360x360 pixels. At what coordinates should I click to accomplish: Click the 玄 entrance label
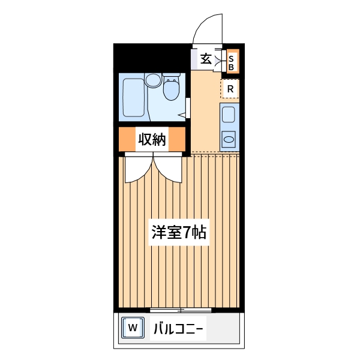tap(206, 59)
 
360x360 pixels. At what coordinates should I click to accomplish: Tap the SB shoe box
tap(231, 62)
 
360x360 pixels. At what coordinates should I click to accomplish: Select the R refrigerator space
tap(230, 89)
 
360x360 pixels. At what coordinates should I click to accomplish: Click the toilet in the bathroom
tap(172, 89)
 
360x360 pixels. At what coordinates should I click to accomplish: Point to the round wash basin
tap(153, 79)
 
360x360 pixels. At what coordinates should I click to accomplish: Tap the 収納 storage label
tap(152, 139)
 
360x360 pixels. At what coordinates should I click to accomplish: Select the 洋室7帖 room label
tap(178, 233)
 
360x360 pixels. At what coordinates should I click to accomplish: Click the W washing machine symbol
tap(133, 328)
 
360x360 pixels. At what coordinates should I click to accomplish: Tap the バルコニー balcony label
tap(179, 329)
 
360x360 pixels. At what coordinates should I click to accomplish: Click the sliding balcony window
tap(180, 310)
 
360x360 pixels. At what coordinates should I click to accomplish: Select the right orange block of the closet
tap(176, 139)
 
